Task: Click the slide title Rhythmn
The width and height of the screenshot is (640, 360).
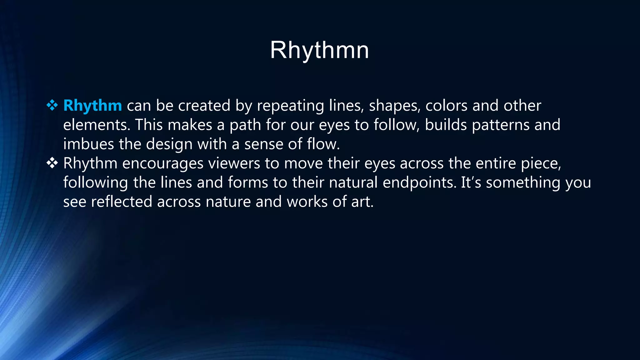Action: click(319, 50)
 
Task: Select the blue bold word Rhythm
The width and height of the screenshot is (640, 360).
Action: click(92, 106)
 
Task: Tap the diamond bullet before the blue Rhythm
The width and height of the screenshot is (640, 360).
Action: click(52, 105)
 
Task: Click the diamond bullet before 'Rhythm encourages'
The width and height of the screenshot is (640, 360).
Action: click(52, 163)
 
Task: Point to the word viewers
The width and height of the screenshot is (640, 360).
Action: click(234, 163)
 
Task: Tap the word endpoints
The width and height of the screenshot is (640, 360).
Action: click(420, 183)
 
